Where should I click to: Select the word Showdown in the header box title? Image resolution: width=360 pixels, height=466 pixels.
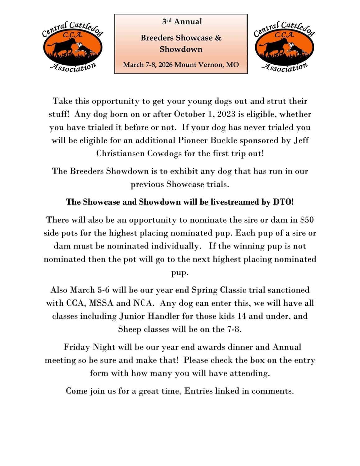181,49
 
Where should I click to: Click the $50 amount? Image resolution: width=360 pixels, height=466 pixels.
307,220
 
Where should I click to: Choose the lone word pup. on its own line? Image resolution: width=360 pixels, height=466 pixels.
180,272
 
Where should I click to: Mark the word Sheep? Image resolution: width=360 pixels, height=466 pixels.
130,329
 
